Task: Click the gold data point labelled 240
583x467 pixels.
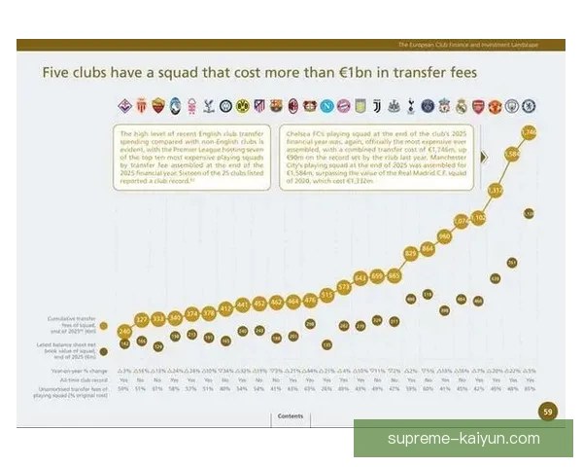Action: [x=124, y=332]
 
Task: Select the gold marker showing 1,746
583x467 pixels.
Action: [x=530, y=132]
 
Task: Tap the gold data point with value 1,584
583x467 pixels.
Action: [x=513, y=154]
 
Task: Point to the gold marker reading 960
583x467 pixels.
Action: [x=445, y=235]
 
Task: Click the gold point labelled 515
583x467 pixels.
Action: [x=326, y=293]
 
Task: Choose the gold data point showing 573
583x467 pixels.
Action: [x=344, y=287]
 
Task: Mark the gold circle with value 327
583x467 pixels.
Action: [x=142, y=319]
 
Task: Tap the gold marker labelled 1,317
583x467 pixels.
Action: [x=496, y=192]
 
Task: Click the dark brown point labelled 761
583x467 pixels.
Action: [x=512, y=262]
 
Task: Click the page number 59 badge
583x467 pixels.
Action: [x=546, y=412]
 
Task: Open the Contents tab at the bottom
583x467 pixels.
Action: [x=291, y=415]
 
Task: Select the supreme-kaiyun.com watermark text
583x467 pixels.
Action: [x=463, y=439]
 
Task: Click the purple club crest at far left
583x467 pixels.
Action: [x=123, y=105]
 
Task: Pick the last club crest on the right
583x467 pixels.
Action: [x=529, y=105]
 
